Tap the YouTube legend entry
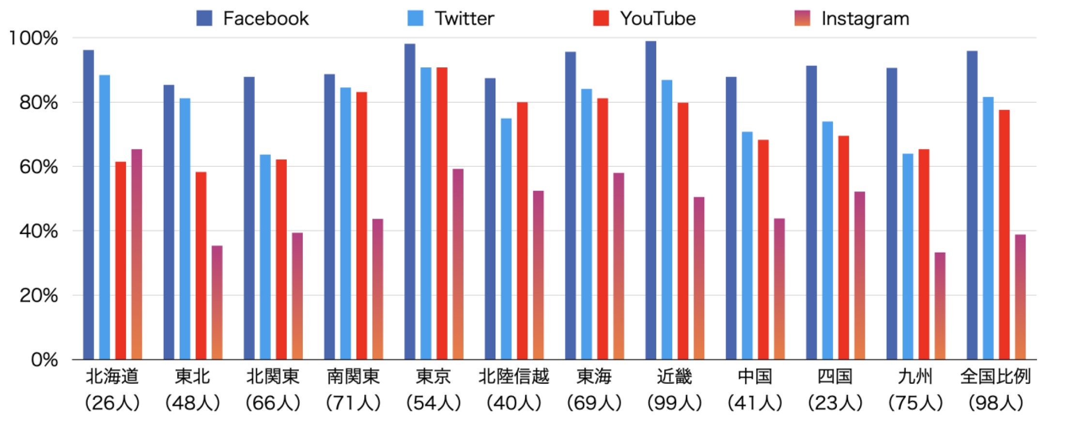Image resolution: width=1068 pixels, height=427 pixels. tap(645, 18)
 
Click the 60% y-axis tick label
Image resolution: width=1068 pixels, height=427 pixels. tap(39, 167)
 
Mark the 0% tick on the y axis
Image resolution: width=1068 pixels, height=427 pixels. tap(45, 360)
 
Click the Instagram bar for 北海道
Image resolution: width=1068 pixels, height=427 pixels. tap(137, 254)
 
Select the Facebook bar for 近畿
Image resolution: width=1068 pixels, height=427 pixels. tap(650, 200)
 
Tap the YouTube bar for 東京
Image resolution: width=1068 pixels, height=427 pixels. tap(442, 213)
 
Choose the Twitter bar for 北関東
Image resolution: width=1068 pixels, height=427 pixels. tap(265, 257)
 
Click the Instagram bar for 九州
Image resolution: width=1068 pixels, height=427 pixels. tap(940, 306)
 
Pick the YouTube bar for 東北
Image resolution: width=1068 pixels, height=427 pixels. tap(201, 266)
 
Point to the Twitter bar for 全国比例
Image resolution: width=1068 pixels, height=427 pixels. tap(988, 228)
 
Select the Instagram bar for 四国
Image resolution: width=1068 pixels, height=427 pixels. tap(859, 275)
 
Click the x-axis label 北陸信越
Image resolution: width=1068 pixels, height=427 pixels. tap(513, 377)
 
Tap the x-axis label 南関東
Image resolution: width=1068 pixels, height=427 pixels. tap(353, 377)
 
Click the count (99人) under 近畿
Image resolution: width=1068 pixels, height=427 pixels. tap(674, 402)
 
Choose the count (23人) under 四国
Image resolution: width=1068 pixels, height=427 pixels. tap(835, 402)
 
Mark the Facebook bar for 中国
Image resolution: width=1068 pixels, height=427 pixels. tap(731, 218)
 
